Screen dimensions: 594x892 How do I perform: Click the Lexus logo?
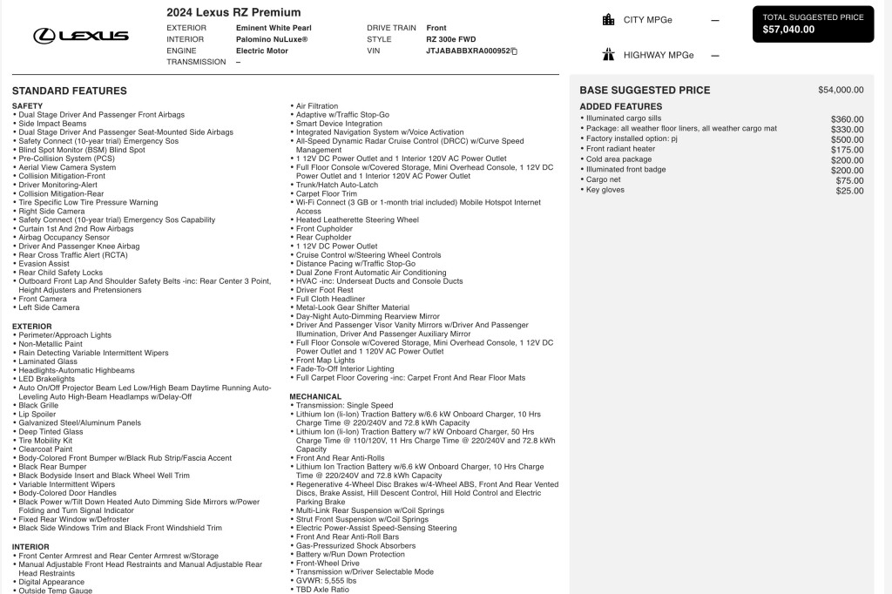pyautogui.click(x=81, y=36)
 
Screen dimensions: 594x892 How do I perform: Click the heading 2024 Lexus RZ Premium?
pyautogui.click(x=233, y=12)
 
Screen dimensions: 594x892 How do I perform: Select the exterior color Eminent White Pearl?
pyautogui.click(x=272, y=28)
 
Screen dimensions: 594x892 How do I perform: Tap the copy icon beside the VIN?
pyautogui.click(x=514, y=51)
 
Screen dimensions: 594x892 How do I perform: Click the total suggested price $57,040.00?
pyautogui.click(x=788, y=30)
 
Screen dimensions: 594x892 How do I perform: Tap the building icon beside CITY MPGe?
pyautogui.click(x=608, y=20)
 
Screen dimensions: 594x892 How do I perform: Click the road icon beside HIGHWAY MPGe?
pyautogui.click(x=608, y=55)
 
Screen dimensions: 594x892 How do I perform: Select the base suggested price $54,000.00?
pyautogui.click(x=841, y=90)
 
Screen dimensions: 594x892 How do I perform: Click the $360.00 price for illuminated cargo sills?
pyautogui.click(x=847, y=118)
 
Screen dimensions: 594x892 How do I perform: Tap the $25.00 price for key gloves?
pyautogui.click(x=849, y=191)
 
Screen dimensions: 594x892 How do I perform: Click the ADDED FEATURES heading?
pyautogui.click(x=620, y=106)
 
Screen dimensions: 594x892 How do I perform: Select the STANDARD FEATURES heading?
pyautogui.click(x=70, y=91)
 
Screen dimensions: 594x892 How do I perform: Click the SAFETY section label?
pyautogui.click(x=27, y=105)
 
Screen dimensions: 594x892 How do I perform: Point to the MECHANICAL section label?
pyautogui.click(x=315, y=396)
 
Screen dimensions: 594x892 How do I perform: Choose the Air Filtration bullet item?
pyautogui.click(x=317, y=106)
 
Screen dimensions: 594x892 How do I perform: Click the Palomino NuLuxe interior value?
pyautogui.click(x=272, y=39)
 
